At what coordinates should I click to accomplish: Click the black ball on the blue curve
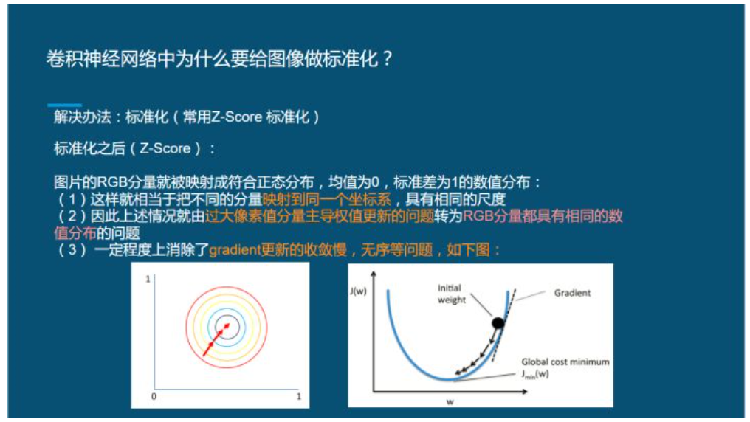(498, 322)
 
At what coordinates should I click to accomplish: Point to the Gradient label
(572, 293)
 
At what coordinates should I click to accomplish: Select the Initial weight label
(452, 294)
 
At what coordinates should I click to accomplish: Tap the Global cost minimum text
(565, 362)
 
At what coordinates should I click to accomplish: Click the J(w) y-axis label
(359, 291)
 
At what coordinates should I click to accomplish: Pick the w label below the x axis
(449, 402)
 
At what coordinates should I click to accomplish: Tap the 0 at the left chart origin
(154, 397)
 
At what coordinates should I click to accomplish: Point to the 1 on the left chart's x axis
(298, 397)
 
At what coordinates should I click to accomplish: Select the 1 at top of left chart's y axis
(148, 280)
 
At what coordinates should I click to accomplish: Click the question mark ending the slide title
(386, 59)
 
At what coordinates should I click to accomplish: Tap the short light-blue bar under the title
(64, 106)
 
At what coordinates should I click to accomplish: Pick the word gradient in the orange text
(233, 250)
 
